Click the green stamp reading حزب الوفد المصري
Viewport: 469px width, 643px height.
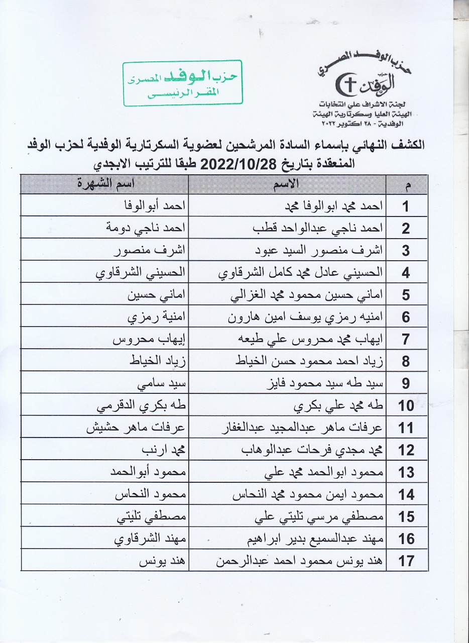coord(182,83)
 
